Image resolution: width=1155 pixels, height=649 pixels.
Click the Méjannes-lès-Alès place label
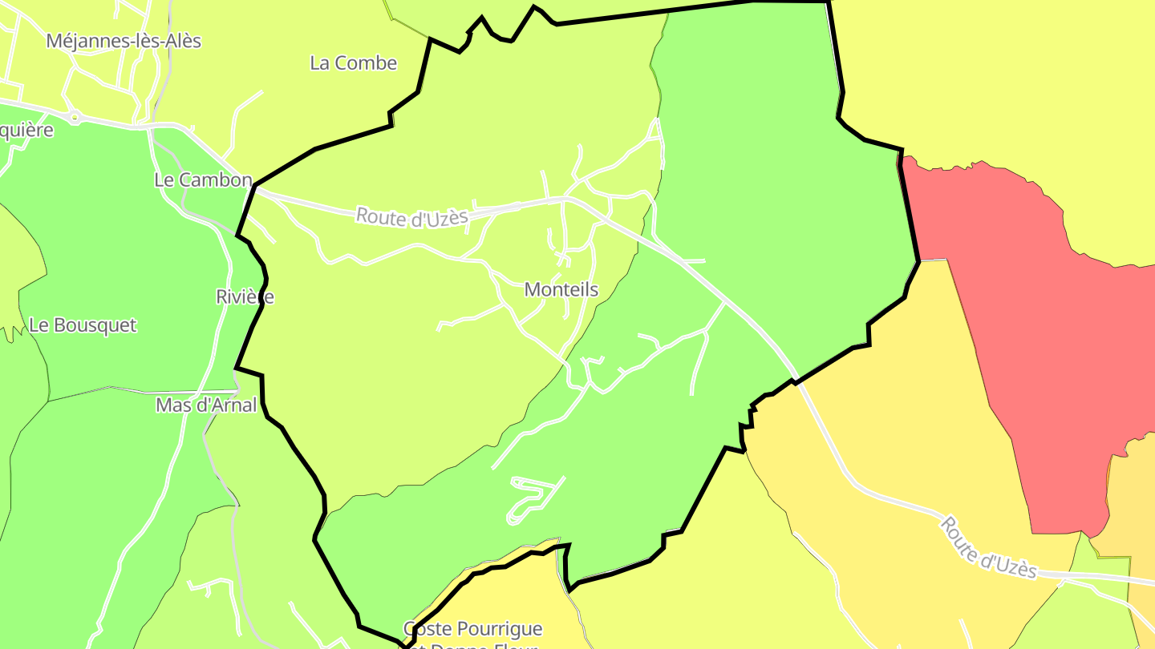(124, 41)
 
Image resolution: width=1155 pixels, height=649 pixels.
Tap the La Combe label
(353, 63)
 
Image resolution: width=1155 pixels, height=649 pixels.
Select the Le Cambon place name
(203, 180)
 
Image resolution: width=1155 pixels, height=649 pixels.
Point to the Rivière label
(245, 297)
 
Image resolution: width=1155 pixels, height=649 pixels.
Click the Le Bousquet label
(83, 326)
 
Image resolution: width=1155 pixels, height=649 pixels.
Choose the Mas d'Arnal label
(206, 405)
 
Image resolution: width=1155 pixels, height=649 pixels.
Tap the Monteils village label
(561, 290)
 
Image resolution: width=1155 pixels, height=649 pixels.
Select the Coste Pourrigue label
(472, 629)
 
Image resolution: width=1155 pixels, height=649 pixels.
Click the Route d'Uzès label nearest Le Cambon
(411, 217)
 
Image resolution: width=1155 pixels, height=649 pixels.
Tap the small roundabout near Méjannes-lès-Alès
(75, 117)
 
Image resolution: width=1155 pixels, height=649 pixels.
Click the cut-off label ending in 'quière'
(26, 131)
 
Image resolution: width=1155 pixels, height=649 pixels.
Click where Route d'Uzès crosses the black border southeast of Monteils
(796, 381)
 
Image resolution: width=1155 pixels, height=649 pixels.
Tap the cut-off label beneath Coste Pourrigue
(472, 645)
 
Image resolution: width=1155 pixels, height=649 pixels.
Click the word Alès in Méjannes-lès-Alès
(180, 41)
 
